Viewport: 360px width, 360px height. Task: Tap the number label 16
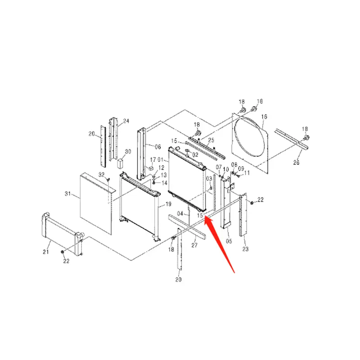(264, 117)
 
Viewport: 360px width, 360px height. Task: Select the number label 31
(68, 194)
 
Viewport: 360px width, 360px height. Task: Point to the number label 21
(45, 252)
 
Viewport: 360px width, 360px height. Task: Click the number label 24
(126, 121)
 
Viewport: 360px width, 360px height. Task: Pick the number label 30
(128, 152)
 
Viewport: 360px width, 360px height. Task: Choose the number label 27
(194, 245)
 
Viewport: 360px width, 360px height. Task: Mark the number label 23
(245, 249)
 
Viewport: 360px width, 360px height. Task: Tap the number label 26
(296, 162)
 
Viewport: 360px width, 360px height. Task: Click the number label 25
(211, 140)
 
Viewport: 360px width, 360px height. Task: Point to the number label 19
(168, 204)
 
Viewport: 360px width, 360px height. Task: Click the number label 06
(158, 147)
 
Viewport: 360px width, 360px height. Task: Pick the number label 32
(101, 174)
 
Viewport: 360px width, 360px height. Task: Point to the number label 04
(180, 213)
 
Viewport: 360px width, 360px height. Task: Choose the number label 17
(153, 160)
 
